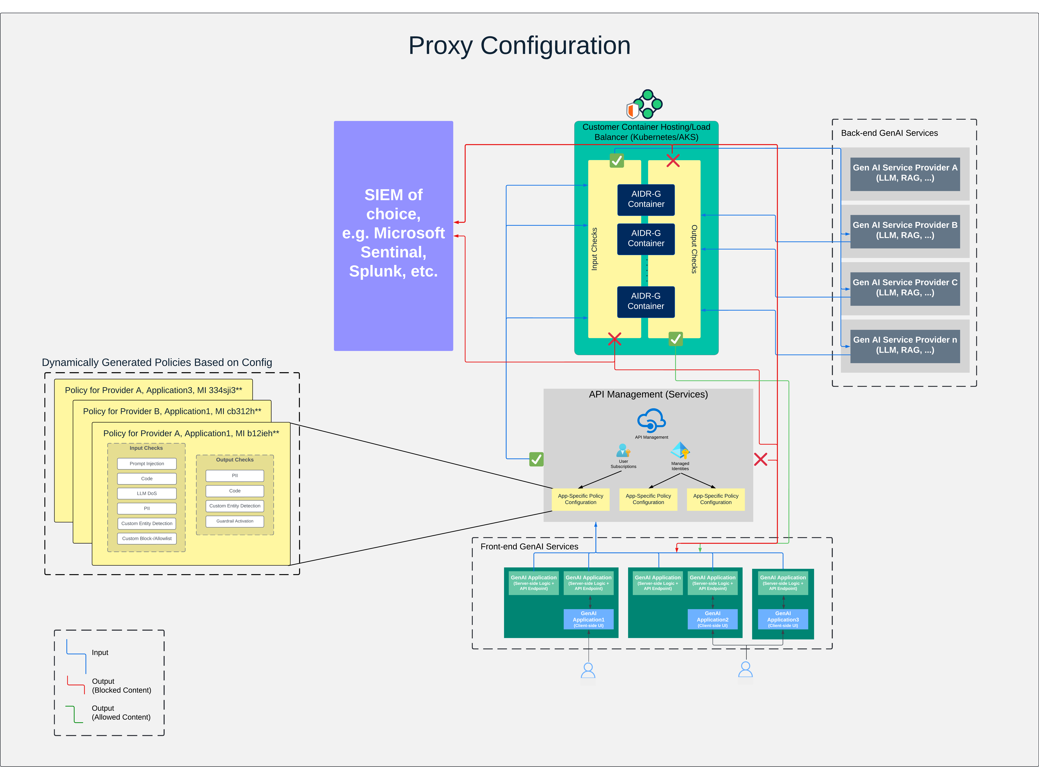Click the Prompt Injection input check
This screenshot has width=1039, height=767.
pyautogui.click(x=147, y=463)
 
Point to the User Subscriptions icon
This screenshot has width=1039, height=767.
pyautogui.click(x=623, y=450)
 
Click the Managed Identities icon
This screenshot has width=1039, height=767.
pyautogui.click(x=680, y=450)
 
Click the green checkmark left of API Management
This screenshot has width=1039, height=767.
pyautogui.click(x=536, y=459)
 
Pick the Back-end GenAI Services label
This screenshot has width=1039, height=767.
pyautogui.click(x=889, y=133)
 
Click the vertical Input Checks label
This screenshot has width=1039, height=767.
pyautogui.click(x=594, y=249)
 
